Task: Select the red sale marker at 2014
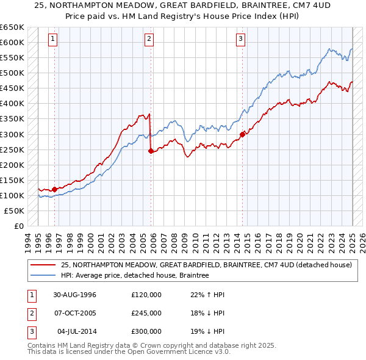point(242,134)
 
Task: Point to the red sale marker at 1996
point(55,189)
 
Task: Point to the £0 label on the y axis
point(18,226)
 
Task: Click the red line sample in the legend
point(43,265)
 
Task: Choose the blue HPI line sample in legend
point(43,276)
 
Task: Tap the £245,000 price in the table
point(146,313)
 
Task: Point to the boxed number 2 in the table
point(30,313)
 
